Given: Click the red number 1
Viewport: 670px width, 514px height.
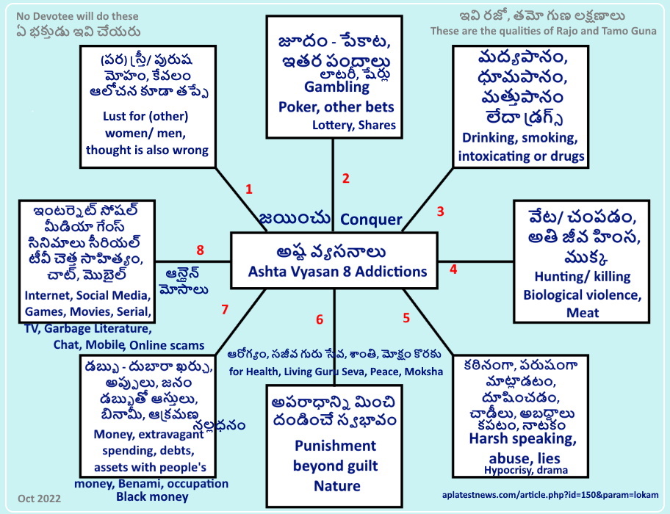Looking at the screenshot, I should coord(249,189).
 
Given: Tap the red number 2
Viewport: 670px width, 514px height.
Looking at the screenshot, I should coord(345,178).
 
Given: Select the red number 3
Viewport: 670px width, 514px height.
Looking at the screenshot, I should coord(440,211).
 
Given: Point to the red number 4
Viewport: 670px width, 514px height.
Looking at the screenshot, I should coord(453,269).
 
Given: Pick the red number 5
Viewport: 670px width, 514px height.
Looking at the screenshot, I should coord(406,318).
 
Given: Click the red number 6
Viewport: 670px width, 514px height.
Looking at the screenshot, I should coord(320,319).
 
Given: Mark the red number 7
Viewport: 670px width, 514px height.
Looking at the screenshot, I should coord(225,309).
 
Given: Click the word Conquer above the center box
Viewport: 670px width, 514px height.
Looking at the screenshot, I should coord(371,220).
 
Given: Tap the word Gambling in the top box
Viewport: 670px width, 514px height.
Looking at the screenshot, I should coord(334,87).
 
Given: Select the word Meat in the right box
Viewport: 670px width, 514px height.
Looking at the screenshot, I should coord(583,313).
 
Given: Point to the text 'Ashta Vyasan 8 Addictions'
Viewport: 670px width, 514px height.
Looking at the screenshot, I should coord(338,272).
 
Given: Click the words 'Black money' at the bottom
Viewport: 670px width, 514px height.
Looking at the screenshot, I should coord(152,497).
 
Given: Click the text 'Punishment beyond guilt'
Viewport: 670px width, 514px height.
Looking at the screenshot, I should coord(335,455).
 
